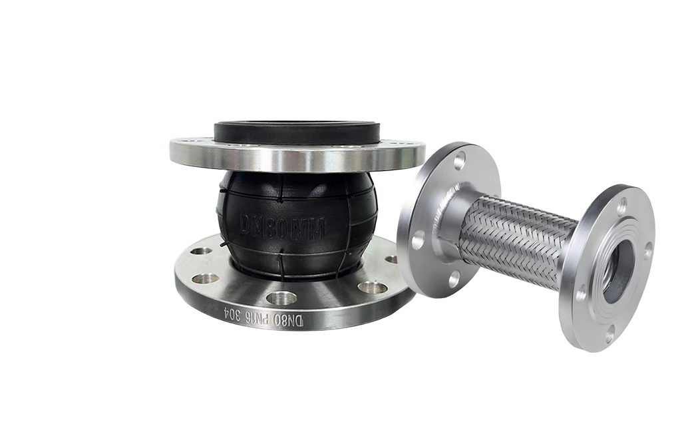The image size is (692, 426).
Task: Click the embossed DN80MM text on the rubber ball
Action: pos(282,225)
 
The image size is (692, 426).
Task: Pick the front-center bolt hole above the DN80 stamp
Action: pos(282,298)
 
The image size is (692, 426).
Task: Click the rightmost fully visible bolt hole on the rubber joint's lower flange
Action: pos(373,288)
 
